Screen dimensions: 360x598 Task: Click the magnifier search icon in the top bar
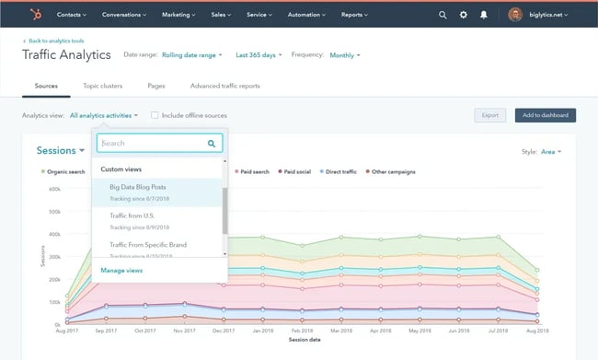tap(443, 16)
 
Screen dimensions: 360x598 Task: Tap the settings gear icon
tap(463, 16)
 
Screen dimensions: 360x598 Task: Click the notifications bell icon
tap(484, 16)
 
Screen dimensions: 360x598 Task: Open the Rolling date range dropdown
tap(192, 55)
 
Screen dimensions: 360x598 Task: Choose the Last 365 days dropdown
tap(259, 55)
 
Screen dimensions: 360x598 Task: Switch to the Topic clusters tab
tap(103, 86)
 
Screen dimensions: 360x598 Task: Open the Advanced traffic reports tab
tap(224, 86)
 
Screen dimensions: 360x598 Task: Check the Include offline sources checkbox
tap(155, 115)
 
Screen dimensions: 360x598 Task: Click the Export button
tap(489, 115)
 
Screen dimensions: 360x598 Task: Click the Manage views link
tap(121, 271)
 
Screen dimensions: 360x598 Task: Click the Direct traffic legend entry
tap(339, 171)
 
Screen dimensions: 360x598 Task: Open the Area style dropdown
tap(551, 151)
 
